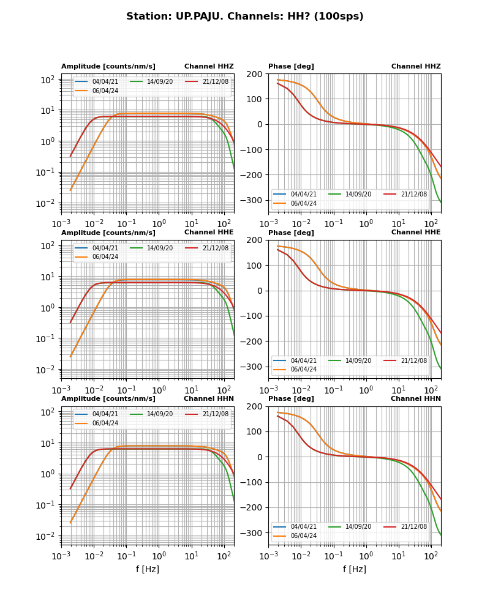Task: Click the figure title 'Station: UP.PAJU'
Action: point(244,17)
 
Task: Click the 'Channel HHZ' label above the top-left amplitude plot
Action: point(209,66)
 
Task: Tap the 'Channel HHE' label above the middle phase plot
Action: point(416,233)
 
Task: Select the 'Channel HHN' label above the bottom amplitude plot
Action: point(209,399)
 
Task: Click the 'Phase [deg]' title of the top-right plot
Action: point(287,66)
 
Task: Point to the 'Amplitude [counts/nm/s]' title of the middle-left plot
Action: point(108,233)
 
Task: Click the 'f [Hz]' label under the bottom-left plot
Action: point(148,569)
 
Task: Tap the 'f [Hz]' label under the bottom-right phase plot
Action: point(355,569)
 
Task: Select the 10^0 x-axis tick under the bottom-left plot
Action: point(159,556)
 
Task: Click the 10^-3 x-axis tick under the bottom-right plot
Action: point(268,556)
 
